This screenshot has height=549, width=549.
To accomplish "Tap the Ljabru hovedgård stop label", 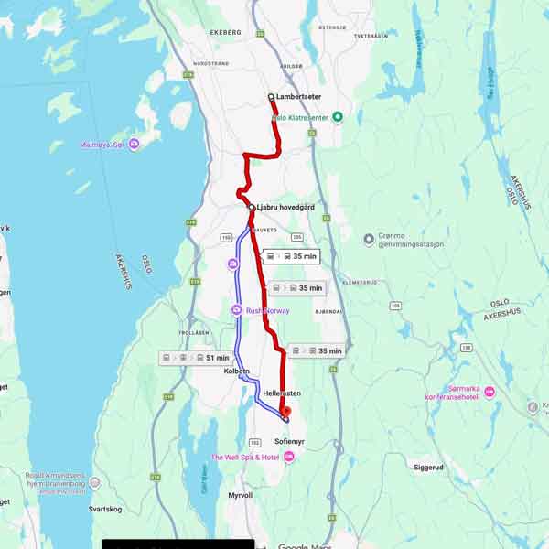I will (285, 208).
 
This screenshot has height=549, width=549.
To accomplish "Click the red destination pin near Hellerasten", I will (285, 413).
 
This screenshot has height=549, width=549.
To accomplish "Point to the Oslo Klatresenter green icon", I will (338, 116).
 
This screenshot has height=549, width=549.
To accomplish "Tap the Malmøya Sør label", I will (103, 144).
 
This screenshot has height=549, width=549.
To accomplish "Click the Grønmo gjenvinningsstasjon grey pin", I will (369, 240).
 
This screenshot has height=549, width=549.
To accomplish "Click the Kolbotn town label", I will (237, 371).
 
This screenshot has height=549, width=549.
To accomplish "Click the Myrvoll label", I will (240, 495).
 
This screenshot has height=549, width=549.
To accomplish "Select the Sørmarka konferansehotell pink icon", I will (490, 392).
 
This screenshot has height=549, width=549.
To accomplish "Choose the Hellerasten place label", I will (282, 393).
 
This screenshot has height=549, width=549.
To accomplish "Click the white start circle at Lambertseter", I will (271, 96).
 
